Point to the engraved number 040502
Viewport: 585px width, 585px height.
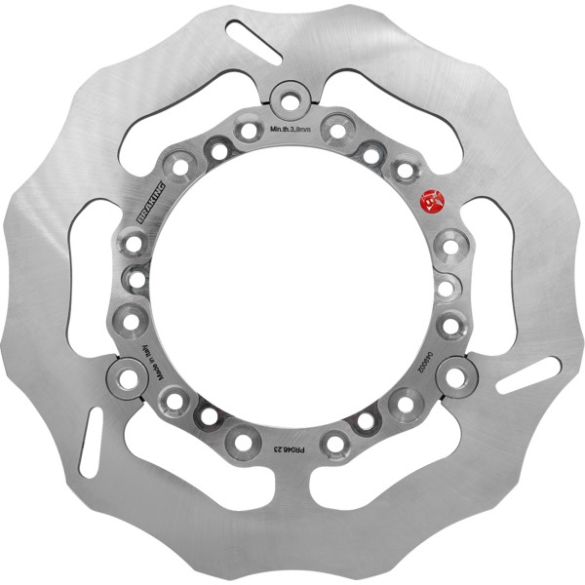[x=426, y=359]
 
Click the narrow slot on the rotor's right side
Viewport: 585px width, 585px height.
[x=527, y=375]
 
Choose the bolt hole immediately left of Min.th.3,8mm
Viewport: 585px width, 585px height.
[x=249, y=130]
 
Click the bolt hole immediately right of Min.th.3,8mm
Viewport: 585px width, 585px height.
[x=336, y=130]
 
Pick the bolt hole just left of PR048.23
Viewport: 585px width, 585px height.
[x=243, y=444]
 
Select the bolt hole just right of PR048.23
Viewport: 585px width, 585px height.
[x=335, y=444]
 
